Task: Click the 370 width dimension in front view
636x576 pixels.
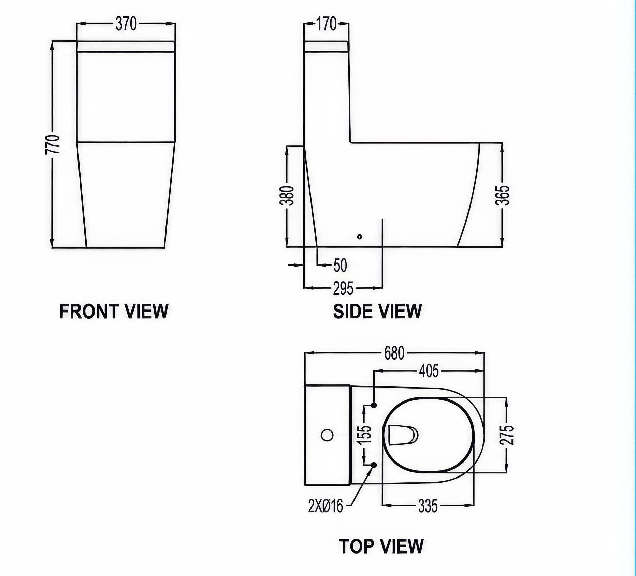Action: [x=126, y=24]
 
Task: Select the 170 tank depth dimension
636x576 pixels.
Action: [x=326, y=24]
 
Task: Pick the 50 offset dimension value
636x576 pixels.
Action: [x=340, y=266]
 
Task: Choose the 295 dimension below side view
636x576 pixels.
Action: [x=343, y=289]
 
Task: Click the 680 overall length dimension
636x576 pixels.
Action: [x=394, y=353]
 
